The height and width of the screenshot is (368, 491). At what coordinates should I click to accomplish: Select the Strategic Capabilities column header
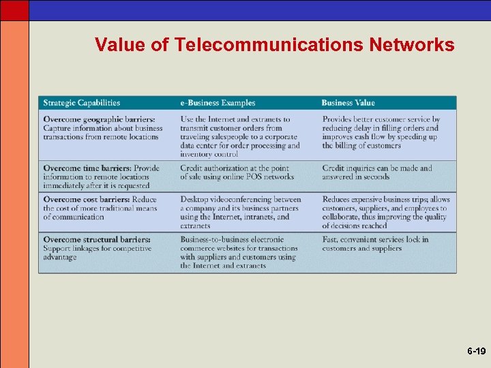[x=81, y=103]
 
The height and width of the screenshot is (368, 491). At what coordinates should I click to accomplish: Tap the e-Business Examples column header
[x=218, y=103]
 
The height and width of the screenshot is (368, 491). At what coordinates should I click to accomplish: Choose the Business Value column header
[x=348, y=103]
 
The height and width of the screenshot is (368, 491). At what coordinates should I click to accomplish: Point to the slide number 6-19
[x=476, y=352]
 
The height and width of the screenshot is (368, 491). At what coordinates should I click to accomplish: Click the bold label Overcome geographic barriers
[x=99, y=119]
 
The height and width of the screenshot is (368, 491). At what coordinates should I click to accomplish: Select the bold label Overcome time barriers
[x=87, y=168]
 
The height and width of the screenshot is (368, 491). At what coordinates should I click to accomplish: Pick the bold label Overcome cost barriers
[x=87, y=200]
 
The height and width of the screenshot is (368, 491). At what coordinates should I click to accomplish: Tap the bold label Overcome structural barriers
[x=97, y=240]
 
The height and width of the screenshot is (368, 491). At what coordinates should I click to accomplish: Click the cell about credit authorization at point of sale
[x=237, y=172]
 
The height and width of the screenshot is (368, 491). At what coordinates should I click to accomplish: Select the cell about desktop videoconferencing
[x=240, y=213]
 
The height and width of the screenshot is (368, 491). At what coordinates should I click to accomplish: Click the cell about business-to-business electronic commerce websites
[x=238, y=253]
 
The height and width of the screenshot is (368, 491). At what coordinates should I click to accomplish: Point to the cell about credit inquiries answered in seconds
[x=376, y=172]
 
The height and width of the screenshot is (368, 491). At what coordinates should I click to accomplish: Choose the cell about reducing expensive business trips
[x=386, y=213]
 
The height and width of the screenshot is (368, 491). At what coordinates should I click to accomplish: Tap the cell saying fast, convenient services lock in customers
[x=375, y=244]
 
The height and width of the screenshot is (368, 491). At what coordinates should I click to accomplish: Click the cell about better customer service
[x=381, y=132]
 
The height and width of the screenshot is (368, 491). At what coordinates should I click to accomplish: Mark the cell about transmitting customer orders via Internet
[x=239, y=136]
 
